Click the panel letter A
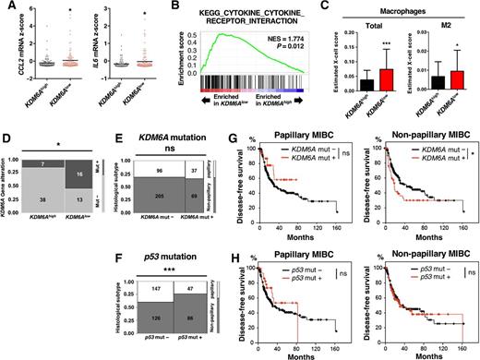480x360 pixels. click(x=6, y=7)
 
